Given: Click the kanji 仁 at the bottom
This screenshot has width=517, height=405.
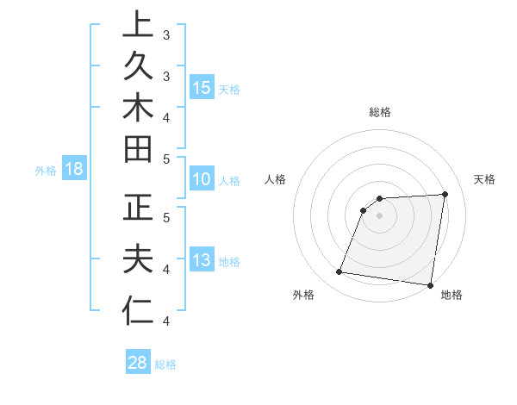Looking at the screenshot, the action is [x=138, y=311].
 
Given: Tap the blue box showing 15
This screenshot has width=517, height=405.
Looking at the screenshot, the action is [x=202, y=87].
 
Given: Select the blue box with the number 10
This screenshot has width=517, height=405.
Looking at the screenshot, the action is [x=202, y=179].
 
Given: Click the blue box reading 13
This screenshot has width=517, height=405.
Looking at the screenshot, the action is [x=202, y=260].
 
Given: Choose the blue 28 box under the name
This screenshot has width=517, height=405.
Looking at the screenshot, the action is [x=138, y=363].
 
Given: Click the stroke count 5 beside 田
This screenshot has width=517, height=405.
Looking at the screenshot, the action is [x=166, y=159].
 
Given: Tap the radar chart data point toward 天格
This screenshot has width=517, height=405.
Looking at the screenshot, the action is [x=445, y=194].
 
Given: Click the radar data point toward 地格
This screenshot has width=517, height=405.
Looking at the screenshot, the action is [x=430, y=285].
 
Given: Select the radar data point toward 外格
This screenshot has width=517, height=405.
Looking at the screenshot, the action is [x=339, y=272].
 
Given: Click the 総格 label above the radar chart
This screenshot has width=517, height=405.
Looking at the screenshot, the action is [x=379, y=112].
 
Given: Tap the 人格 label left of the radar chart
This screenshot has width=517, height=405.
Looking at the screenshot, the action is [x=276, y=179].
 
